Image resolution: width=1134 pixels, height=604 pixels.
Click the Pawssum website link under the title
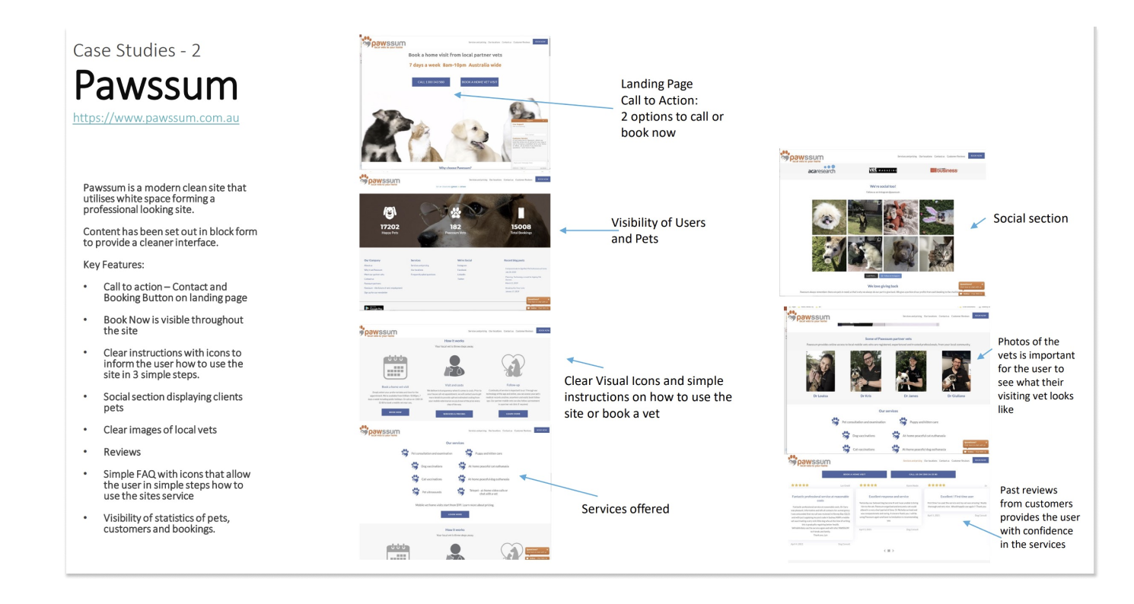tap(156, 118)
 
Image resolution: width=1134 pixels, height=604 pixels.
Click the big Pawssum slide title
tap(156, 85)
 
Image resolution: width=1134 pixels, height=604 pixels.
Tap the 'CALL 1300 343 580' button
tap(431, 81)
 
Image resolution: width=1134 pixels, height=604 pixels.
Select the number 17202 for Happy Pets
tap(390, 227)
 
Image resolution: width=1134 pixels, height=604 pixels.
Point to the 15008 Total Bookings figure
tap(521, 227)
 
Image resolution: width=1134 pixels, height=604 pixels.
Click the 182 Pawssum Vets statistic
tap(455, 227)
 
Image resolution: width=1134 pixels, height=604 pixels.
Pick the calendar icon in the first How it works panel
tap(396, 368)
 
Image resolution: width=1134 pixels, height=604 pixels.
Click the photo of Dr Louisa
tap(820, 370)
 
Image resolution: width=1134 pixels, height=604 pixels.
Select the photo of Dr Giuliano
tap(956, 370)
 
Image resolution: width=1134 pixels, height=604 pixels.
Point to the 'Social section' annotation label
tap(1030, 219)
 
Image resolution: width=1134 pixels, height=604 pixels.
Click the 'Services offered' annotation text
tap(625, 509)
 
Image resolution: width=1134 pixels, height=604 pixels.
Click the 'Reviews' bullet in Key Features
tap(122, 452)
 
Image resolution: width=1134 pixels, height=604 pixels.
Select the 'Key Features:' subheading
tap(113, 265)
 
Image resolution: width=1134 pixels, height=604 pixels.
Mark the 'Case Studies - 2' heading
tap(137, 51)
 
